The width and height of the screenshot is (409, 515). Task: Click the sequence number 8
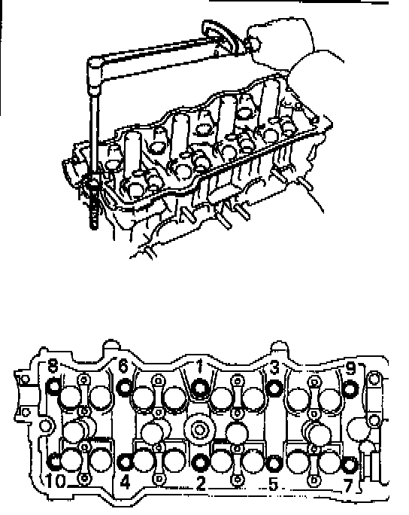53,365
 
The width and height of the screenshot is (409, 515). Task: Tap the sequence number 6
123,366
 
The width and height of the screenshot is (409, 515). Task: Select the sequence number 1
200,366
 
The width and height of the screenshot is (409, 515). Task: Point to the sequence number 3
275,367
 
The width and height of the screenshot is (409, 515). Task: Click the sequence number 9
350,368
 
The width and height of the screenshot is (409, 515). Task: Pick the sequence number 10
55,481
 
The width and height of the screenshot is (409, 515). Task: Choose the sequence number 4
126,482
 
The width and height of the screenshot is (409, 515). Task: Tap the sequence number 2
201,483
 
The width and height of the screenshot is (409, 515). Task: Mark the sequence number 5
273,484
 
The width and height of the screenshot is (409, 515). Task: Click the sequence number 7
348,486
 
